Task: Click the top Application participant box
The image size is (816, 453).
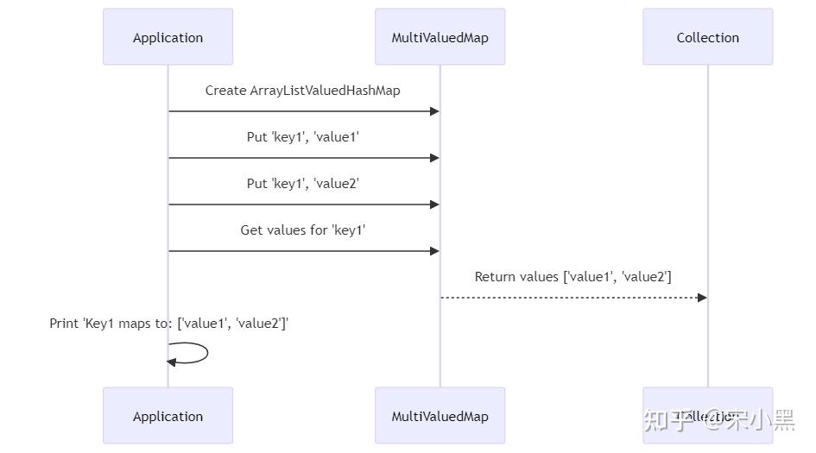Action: click(x=168, y=37)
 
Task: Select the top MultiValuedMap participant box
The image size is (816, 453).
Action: click(x=440, y=37)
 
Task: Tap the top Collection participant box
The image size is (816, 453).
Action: click(x=707, y=37)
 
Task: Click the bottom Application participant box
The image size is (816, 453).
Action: click(x=168, y=416)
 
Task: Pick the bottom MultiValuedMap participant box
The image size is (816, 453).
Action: click(x=440, y=416)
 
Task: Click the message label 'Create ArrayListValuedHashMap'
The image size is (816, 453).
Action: click(x=302, y=91)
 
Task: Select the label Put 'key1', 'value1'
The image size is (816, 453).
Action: click(x=302, y=137)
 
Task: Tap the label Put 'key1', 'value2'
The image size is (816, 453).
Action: click(x=302, y=184)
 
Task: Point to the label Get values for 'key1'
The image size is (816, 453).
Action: click(x=302, y=230)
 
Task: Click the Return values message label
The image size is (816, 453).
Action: click(x=572, y=277)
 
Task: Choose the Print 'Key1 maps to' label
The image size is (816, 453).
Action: click(x=168, y=324)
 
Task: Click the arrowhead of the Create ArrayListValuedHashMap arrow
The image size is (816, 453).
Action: click(x=435, y=111)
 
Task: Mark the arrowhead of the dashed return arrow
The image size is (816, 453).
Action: click(x=702, y=298)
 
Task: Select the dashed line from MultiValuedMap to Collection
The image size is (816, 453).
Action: click(x=570, y=298)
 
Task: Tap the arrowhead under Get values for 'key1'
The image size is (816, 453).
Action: click(x=435, y=251)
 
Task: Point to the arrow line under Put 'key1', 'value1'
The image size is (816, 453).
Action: click(x=302, y=158)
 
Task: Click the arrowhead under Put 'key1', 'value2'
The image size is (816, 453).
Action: click(x=435, y=204)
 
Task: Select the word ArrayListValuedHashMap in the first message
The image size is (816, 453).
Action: click(x=325, y=91)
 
